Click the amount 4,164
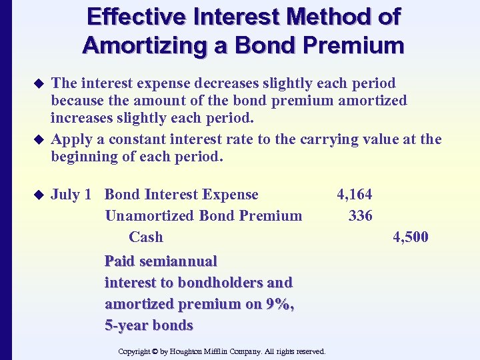coord(355,195)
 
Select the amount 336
coord(361,216)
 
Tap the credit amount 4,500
coord(411,237)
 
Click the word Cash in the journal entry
coord(146,237)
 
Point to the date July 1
coord(71,195)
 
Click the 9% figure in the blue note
coord(282,304)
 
